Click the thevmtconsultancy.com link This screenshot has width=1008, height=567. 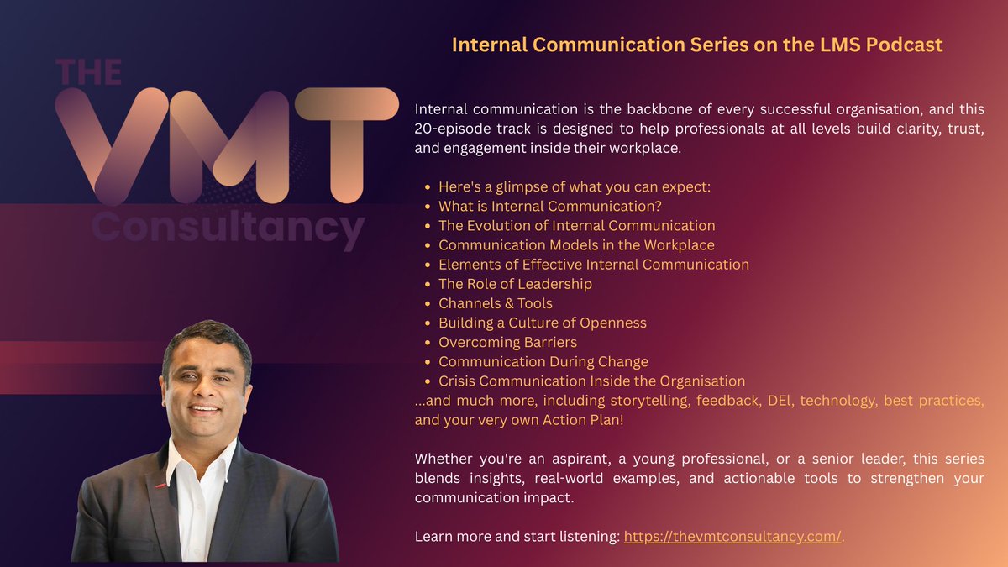732,537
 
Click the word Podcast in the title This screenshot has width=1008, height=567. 904,45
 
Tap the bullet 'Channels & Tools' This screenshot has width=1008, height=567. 495,303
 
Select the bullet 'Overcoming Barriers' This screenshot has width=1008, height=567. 507,342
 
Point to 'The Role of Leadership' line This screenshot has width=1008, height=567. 515,284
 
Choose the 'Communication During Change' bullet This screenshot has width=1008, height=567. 543,361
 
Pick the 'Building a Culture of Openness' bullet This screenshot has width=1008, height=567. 542,323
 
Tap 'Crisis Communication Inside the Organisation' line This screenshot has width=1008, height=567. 591,381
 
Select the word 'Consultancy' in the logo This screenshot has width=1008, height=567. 227,227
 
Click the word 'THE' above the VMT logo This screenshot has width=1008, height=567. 88,72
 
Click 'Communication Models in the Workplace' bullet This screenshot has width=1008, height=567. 576,245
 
